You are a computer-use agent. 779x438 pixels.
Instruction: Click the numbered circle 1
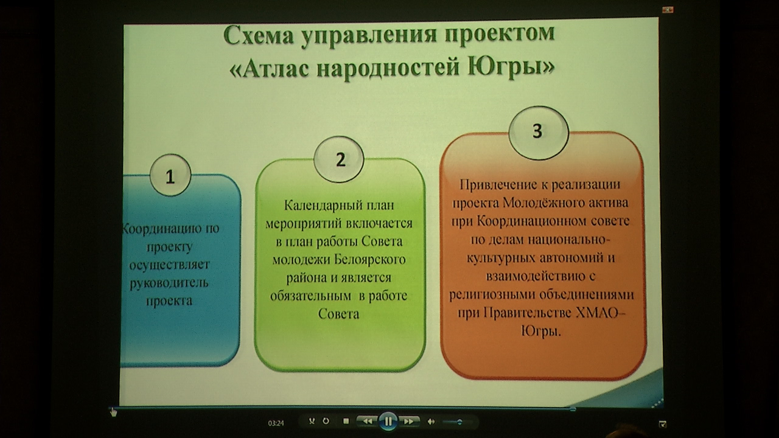(x=170, y=176)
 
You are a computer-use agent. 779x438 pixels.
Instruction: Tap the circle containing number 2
(x=339, y=159)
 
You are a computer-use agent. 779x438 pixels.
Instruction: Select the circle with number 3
(x=539, y=133)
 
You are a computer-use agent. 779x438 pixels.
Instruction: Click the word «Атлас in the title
(x=270, y=69)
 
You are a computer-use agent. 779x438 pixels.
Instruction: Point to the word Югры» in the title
(x=511, y=67)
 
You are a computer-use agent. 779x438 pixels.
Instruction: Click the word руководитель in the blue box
(x=169, y=283)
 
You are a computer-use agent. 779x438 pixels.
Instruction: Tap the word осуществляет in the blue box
(x=169, y=265)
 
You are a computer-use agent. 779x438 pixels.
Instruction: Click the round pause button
(x=388, y=422)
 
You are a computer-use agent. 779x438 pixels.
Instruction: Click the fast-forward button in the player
(x=408, y=422)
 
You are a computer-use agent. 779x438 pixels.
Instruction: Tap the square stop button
(x=346, y=422)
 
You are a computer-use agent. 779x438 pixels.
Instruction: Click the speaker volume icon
(x=431, y=422)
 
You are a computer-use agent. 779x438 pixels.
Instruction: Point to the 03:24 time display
(x=276, y=423)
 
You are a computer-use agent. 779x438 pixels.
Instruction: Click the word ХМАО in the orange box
(x=598, y=313)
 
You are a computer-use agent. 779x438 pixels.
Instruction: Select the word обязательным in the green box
(x=310, y=296)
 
